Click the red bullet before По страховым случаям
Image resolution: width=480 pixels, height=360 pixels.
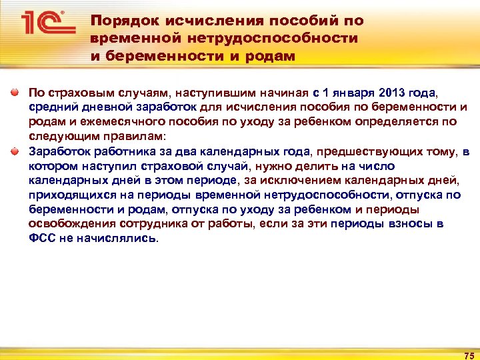pyautogui.click(x=15, y=93)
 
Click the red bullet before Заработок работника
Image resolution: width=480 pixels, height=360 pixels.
pyautogui.click(x=15, y=151)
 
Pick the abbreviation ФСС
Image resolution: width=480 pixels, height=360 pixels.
pyautogui.click(x=41, y=239)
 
